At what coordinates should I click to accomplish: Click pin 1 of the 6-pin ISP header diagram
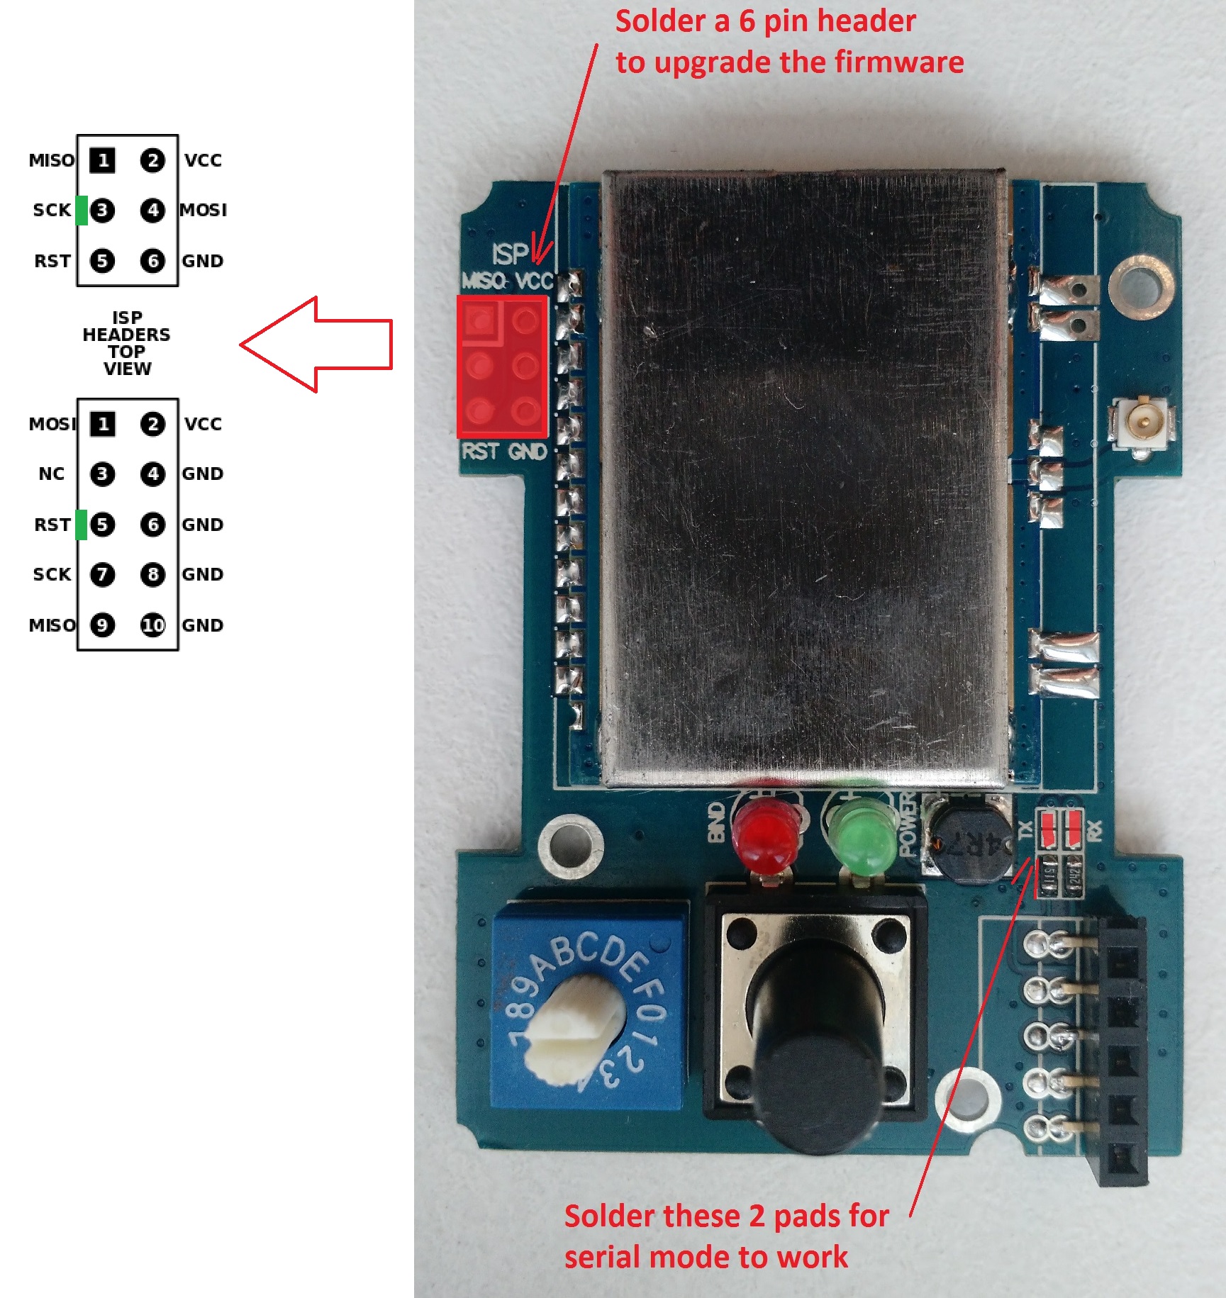pos(103,160)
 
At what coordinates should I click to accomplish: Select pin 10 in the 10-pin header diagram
pos(152,625)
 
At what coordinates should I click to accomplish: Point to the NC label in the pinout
pos(52,474)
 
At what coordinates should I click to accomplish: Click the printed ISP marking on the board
pos(511,253)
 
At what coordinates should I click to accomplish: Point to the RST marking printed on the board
pos(480,452)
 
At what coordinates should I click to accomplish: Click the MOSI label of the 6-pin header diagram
pos(204,210)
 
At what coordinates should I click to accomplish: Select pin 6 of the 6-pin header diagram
pos(152,261)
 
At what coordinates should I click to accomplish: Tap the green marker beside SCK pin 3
pos(82,211)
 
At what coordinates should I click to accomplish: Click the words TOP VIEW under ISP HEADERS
pos(128,360)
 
